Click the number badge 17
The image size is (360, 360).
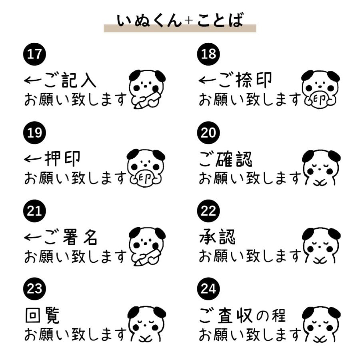(x=34, y=54)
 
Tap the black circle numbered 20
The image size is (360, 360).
(x=208, y=132)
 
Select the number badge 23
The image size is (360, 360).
(x=34, y=288)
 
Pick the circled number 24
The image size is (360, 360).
(x=208, y=288)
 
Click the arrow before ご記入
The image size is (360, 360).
(x=33, y=80)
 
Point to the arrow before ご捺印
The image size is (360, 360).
(x=207, y=80)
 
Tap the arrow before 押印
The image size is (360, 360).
(x=33, y=159)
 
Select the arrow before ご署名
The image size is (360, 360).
(x=33, y=237)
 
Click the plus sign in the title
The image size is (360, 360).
(x=189, y=21)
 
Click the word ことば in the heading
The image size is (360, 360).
(x=220, y=20)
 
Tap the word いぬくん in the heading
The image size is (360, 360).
(x=149, y=21)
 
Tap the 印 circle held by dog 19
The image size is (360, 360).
(x=145, y=177)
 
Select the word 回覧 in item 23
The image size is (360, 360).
(x=42, y=315)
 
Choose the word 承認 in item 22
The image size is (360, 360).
(x=217, y=237)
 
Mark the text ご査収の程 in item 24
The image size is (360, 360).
(x=242, y=315)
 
